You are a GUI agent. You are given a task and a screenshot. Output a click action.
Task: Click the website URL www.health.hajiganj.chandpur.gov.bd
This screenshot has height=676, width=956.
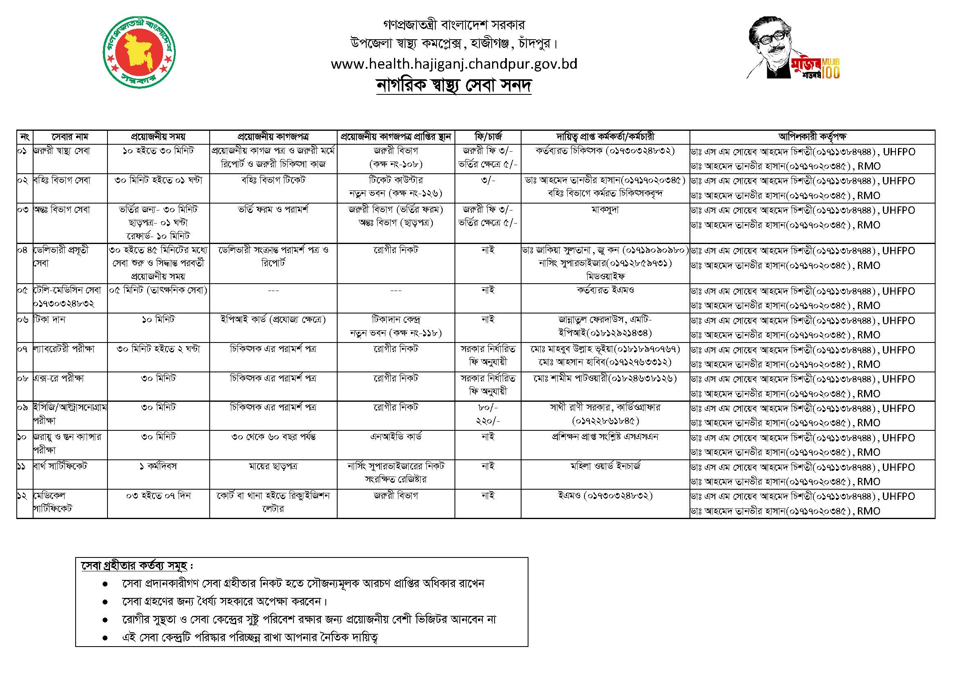tap(454, 64)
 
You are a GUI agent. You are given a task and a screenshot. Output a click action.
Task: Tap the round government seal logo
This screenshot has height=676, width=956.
tap(139, 52)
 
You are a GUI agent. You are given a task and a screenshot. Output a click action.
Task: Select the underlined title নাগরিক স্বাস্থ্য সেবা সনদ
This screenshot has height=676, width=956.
tap(454, 85)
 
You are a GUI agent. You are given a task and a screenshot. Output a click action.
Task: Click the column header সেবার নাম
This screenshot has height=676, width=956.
tap(70, 137)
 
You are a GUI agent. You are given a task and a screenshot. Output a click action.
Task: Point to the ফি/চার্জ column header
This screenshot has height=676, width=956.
tap(488, 137)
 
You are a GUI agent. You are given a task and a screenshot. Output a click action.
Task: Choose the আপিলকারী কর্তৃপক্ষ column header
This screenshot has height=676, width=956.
tap(812, 137)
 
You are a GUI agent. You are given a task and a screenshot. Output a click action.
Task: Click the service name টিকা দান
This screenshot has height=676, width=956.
tap(49, 320)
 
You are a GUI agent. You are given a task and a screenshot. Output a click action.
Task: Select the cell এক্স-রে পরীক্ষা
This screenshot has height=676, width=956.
tap(59, 378)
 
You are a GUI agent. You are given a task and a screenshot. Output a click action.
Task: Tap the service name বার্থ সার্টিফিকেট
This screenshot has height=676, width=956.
tap(60, 466)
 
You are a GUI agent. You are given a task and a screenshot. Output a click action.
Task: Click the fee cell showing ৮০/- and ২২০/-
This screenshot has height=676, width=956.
tap(488, 414)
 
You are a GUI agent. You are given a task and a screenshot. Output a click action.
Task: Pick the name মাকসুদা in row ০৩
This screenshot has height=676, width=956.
tap(605, 210)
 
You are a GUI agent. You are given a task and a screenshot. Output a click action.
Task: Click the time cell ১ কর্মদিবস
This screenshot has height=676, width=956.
tap(158, 466)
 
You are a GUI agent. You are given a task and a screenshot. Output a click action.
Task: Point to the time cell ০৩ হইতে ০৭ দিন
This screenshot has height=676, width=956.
tap(158, 496)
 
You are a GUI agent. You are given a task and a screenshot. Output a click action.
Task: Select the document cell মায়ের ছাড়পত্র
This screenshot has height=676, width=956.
tap(273, 466)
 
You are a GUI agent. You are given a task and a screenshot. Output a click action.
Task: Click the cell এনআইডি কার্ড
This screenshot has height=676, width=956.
tap(396, 436)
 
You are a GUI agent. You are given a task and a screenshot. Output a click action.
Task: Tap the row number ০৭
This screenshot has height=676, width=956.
tap(22, 349)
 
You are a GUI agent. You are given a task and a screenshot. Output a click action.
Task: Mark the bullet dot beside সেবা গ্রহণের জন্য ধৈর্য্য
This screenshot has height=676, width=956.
tap(105, 602)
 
